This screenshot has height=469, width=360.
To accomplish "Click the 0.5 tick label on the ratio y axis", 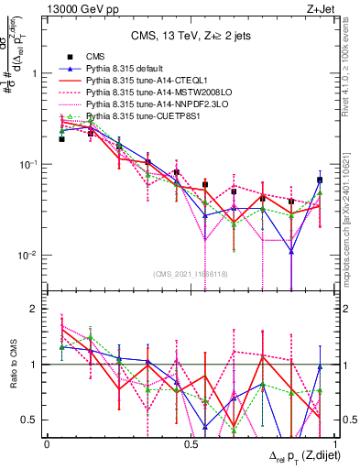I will pyautogui.click(x=30, y=420).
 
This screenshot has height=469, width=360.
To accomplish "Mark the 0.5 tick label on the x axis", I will pyautogui.click(x=191, y=442).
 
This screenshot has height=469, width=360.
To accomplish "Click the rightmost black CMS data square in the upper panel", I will pyautogui.click(x=320, y=180).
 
